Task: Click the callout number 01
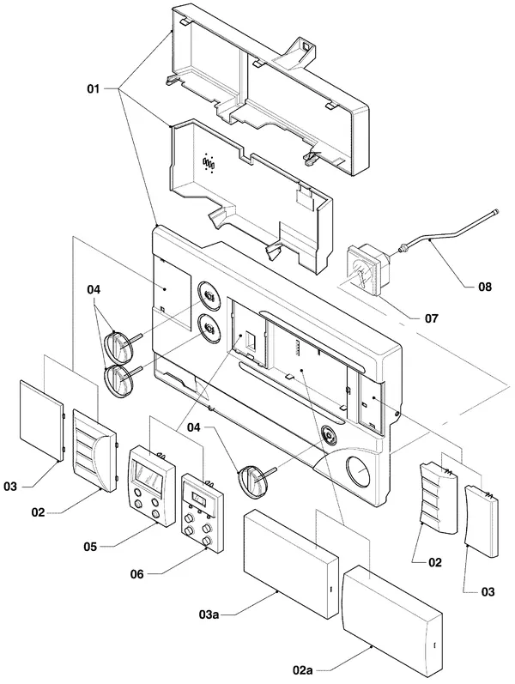point(94,89)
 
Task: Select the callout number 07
point(431,318)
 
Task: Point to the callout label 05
point(90,546)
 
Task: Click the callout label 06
point(136,574)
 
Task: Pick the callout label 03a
point(209,614)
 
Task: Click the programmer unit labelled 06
point(202,513)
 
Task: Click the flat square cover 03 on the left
point(42,421)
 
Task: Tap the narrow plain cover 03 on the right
point(482,521)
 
